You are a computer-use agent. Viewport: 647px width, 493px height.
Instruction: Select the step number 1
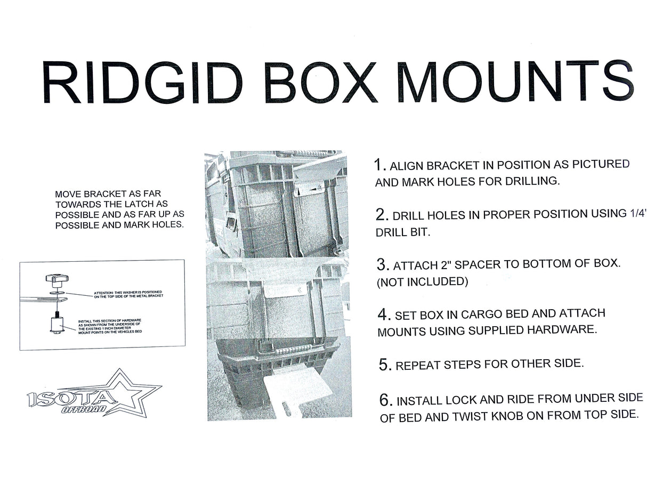pos(378,164)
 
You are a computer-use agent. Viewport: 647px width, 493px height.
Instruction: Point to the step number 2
pos(381,215)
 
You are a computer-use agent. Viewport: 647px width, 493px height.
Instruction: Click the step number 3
pos(381,264)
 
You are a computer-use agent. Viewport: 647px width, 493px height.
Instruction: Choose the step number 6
pos(386,400)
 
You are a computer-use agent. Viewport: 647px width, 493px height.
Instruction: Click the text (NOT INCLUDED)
pos(423,282)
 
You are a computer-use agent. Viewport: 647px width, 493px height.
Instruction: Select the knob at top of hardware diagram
pos(55,279)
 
